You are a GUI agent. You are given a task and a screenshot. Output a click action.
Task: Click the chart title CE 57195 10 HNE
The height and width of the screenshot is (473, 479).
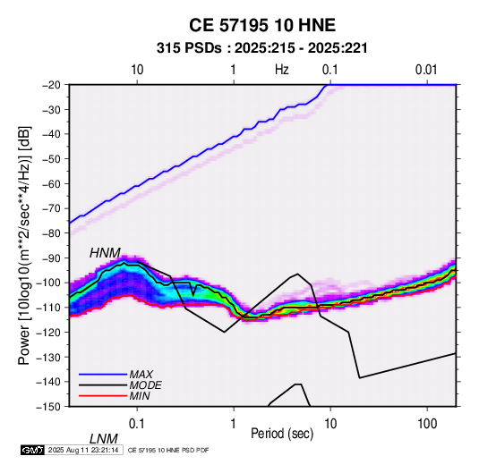pos(262,25)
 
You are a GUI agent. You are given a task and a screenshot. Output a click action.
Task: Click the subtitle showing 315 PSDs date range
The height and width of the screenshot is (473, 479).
pos(261,48)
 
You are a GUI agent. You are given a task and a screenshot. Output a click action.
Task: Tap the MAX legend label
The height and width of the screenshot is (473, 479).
pos(141,375)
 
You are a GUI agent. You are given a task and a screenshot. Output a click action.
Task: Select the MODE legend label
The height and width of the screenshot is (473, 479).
pos(145,385)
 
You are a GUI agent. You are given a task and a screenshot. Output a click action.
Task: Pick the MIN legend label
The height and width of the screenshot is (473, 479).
pos(140,396)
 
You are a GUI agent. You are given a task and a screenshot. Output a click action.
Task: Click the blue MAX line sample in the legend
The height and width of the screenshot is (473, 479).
pos(103,375)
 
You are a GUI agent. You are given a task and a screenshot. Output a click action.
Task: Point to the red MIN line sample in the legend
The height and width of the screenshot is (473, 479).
pos(103,396)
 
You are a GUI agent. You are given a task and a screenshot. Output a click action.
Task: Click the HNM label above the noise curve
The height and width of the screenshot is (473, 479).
pos(105,253)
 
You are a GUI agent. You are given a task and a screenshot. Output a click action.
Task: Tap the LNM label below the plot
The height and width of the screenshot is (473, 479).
pos(104,439)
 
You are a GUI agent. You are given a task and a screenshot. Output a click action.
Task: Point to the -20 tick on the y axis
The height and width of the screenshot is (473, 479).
pos(51,85)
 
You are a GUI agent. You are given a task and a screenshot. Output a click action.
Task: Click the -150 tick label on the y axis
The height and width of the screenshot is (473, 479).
pos(48,406)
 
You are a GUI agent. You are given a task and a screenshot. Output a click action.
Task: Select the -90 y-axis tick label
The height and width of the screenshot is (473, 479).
pos(51,258)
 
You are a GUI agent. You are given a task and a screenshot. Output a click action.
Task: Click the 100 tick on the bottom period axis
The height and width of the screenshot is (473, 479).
pos(427,424)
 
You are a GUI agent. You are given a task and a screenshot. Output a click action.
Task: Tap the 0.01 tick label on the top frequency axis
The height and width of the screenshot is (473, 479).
pos(426,70)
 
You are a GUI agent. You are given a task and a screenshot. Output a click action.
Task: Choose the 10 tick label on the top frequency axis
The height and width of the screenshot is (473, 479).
pos(137,70)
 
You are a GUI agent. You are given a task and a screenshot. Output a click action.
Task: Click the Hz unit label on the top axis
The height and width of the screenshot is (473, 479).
pos(282,70)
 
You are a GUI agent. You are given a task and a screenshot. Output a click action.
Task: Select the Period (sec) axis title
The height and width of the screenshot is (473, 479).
pos(282,434)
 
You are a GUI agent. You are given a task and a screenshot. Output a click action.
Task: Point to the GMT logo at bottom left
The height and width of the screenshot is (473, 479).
pos(32,450)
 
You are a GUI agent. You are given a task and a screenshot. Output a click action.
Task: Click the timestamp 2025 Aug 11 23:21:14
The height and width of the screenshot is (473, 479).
pos(83,450)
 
